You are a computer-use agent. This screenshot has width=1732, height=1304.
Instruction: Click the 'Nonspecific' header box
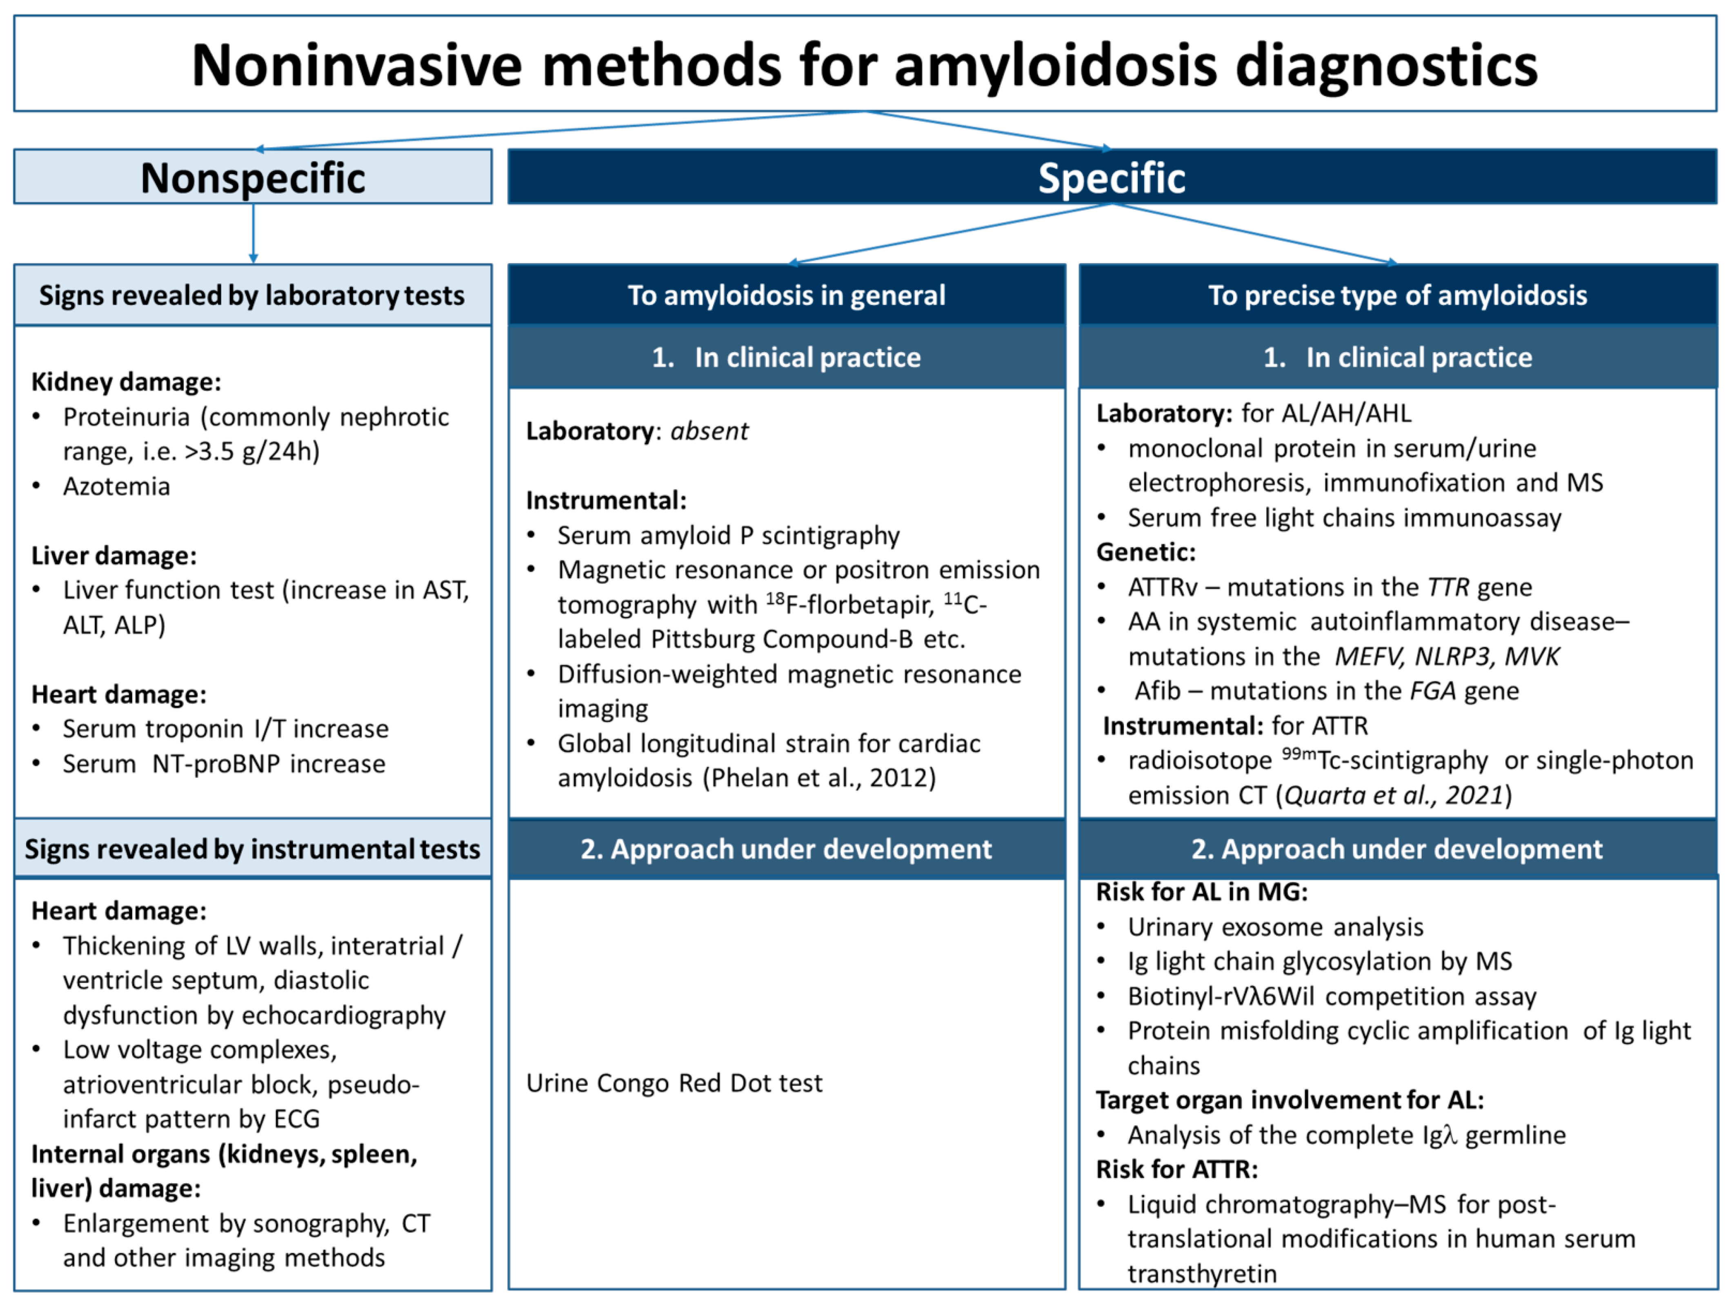[x=253, y=177]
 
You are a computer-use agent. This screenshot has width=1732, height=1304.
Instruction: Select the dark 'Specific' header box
[x=1112, y=177]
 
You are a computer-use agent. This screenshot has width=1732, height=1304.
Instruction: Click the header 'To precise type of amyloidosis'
[x=1398, y=295]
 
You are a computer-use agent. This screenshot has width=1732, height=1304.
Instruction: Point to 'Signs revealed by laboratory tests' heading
[x=252, y=295]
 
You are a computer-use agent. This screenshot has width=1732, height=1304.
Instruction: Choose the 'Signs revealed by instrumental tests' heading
[x=252, y=849]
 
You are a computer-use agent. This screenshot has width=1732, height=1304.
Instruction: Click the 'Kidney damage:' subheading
[x=126, y=382]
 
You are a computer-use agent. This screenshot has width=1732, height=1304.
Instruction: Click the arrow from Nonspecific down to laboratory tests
[x=253, y=233]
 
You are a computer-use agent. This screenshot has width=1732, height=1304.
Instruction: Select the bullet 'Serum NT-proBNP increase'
[x=224, y=764]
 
